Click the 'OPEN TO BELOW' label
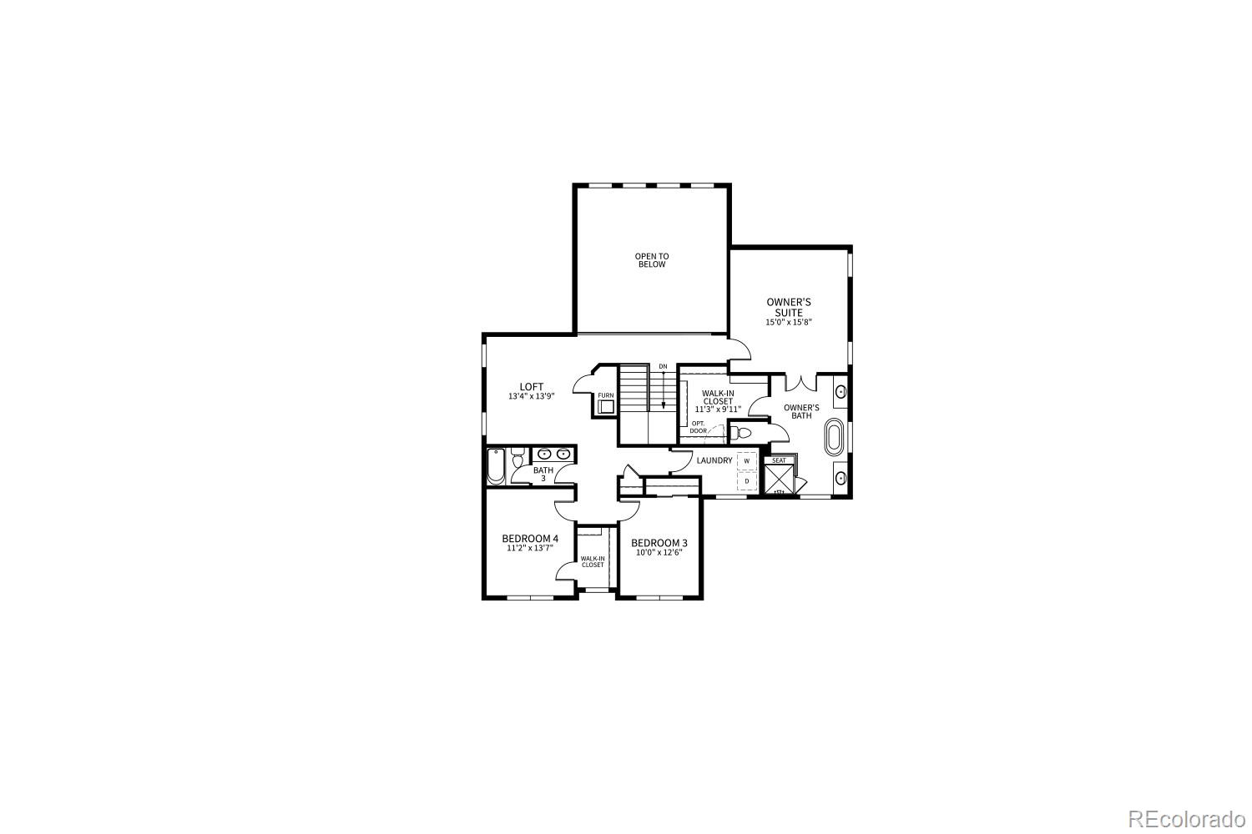coord(652,260)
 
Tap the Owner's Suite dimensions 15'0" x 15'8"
coord(789,322)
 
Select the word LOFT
coord(532,386)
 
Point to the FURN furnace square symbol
coord(605,406)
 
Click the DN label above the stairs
coord(663,366)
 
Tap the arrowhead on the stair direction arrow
coord(664,406)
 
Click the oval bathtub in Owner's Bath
coord(833,438)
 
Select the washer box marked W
coord(747,460)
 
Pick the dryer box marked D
coord(747,480)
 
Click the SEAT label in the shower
coord(779,460)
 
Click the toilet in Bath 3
coord(517,459)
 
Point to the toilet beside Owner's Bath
coord(740,432)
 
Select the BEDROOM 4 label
coord(530,538)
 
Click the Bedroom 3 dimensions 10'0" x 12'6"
coord(659,552)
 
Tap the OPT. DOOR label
coord(699,427)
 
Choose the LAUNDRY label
coord(714,460)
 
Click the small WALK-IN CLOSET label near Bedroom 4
coord(593,561)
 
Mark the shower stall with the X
coord(780,479)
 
